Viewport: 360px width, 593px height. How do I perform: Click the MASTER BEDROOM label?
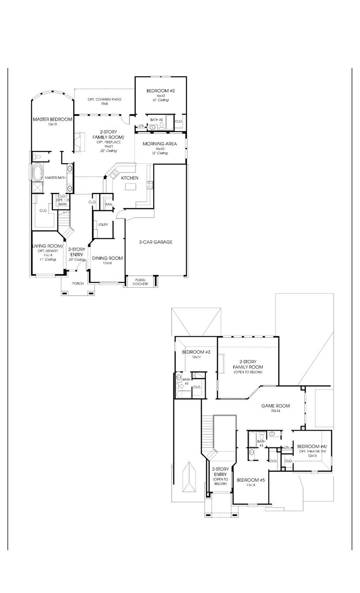pos(52,119)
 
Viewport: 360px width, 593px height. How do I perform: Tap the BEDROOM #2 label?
pos(161,91)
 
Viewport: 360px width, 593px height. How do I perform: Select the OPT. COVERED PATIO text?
pos(104,100)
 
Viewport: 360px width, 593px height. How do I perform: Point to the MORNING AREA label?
pos(160,144)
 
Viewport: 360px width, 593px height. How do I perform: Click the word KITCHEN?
pos(130,178)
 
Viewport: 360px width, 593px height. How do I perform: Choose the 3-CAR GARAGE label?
pos(155,242)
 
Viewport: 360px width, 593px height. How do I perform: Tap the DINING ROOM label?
pos(107,258)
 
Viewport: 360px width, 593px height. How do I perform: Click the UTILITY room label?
pos(103,225)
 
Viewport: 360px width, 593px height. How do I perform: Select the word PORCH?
pos(78,284)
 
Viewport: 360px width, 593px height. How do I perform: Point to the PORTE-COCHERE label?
pos(141,282)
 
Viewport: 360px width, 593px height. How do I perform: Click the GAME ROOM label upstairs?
pos(275,406)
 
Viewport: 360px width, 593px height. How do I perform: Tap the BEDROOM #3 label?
pos(196,352)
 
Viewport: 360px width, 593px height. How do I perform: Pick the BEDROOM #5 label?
pos(251,480)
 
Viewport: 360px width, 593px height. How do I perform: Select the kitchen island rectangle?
pos(131,187)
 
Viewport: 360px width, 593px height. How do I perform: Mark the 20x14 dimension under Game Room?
pos(275,411)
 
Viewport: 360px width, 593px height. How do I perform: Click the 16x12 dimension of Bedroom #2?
pos(161,96)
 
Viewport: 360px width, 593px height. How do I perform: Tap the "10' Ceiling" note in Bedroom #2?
pos(161,100)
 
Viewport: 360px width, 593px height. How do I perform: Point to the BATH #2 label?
pos(157,120)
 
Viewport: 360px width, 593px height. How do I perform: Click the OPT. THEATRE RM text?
pos(312,451)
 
